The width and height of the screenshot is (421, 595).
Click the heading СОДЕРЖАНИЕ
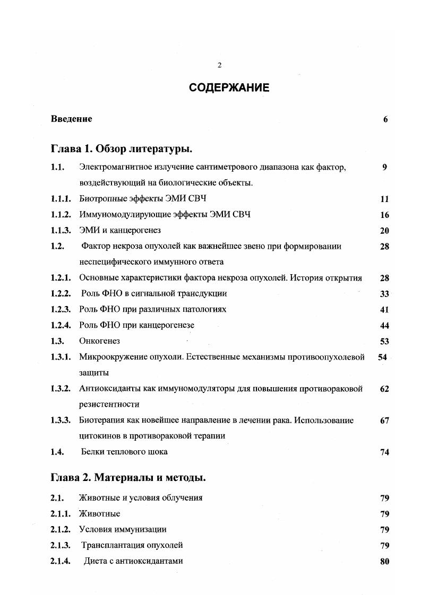coord(229,88)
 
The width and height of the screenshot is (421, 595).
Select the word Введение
coord(71,119)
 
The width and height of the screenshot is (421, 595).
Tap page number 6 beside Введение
coord(385,119)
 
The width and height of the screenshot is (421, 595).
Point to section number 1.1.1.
coord(61,199)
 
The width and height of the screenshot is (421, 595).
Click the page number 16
coord(385,215)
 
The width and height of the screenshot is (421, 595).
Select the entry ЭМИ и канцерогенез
coord(119,231)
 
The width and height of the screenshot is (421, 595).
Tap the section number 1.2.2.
coord(61,294)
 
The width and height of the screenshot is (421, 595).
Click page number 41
coord(385,310)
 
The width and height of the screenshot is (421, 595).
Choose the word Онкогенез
coord(99,341)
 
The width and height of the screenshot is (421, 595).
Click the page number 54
coord(382,357)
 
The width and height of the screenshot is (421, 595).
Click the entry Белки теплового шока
coord(124,452)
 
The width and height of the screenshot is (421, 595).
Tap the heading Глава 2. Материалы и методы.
coord(128,478)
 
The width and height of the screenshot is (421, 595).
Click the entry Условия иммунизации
coord(123,529)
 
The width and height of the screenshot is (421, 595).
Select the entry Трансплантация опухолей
coord(132,545)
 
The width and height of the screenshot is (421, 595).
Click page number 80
coord(385,562)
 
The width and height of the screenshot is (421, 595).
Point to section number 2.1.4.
coord(61,561)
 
